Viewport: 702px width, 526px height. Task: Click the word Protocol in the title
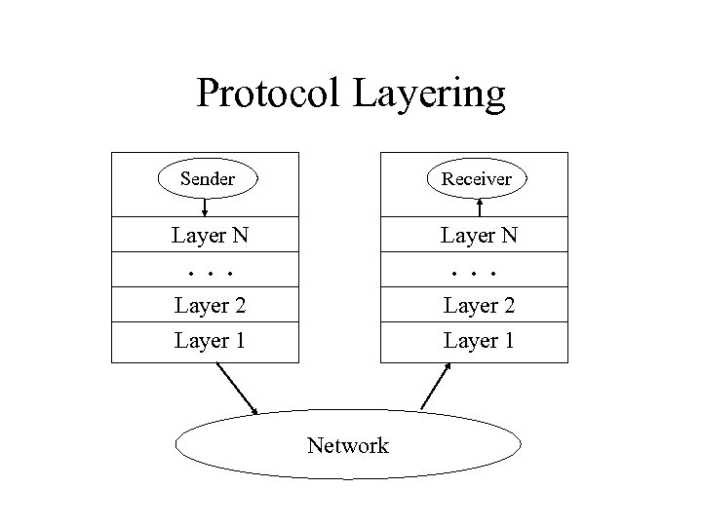click(268, 94)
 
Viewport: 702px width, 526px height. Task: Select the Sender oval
click(208, 178)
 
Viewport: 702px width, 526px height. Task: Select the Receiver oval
click(477, 178)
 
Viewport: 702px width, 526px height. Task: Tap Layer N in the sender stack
click(209, 235)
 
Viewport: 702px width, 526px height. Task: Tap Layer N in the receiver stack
click(479, 235)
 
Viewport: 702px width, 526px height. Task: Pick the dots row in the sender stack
click(209, 272)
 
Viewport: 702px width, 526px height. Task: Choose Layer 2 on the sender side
click(210, 306)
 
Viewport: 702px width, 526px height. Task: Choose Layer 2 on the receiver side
click(479, 306)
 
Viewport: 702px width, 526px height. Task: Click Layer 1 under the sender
click(210, 341)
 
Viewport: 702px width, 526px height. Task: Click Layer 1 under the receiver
click(479, 341)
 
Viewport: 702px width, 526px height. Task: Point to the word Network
click(347, 446)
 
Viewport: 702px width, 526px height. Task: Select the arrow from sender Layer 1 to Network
click(237, 388)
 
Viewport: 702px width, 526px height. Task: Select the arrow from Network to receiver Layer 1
click(436, 386)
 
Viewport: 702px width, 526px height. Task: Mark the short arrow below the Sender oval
click(206, 207)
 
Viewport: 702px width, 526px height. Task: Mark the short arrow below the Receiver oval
click(480, 207)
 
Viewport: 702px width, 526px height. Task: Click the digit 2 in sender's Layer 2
click(239, 306)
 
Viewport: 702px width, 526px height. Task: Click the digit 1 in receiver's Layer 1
click(508, 341)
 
